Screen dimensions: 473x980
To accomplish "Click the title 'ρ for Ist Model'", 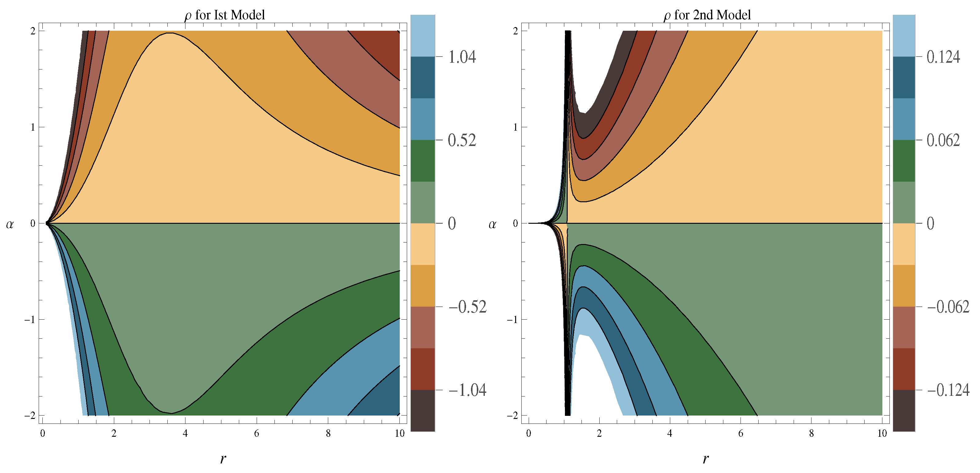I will coord(224,15).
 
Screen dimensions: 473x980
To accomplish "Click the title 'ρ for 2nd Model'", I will coord(707,15).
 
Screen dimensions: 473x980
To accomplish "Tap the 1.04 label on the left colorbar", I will coord(462,57).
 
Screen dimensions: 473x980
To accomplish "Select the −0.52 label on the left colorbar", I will coord(467,307).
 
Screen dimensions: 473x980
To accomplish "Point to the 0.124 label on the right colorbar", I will coord(943,57).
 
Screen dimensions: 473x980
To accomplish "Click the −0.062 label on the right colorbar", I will coord(948,307).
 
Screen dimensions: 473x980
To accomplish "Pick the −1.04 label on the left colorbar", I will coord(467,390).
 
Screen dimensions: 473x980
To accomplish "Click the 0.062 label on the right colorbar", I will coord(943,140).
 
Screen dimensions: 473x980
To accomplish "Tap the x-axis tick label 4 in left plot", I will coord(185,433).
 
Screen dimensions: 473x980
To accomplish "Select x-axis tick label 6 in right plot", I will coord(740,433).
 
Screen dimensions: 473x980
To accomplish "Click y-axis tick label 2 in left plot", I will coord(33,31).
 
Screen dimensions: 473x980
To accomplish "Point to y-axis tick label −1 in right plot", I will coord(512,320).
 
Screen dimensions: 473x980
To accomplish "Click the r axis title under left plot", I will coord(223,459).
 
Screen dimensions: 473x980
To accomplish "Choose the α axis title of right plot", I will coord(492,225).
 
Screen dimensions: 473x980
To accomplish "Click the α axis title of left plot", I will coord(10,225).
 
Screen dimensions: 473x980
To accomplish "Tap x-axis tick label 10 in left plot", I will coord(399,433).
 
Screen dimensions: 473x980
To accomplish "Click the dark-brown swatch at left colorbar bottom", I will coord(423,411).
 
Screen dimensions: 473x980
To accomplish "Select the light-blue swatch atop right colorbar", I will coord(904,35).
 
